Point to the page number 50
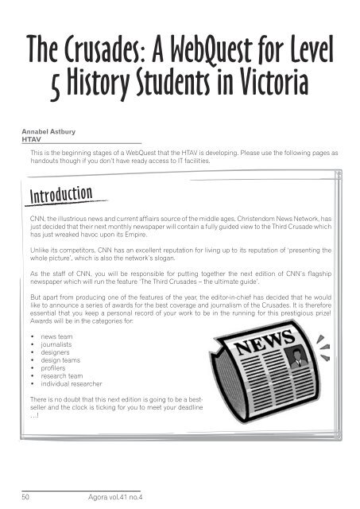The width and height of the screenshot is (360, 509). tap(25, 494)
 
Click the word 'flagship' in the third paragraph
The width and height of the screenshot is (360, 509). tap(315, 272)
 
